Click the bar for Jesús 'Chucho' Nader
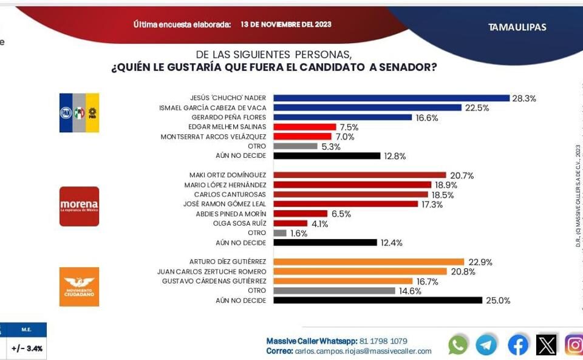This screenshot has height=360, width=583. coord(391,98)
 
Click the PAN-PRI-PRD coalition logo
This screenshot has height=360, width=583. coord(79,113)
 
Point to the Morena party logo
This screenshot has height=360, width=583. coord(79,206)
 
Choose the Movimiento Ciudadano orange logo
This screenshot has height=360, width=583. coord(79,287)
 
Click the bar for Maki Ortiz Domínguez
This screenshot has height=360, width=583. coord(360,175)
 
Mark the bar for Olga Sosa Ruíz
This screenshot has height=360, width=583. coord(290,223)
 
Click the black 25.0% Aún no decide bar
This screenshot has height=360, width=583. coord(378,300)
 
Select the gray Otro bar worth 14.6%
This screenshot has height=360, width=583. coord(334,291)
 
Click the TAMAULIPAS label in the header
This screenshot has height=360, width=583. coord(517,27)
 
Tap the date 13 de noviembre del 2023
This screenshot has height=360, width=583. coord(285,25)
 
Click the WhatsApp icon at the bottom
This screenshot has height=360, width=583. coord(458,345)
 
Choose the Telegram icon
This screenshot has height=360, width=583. coord(486,345)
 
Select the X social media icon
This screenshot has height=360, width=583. coord(546,345)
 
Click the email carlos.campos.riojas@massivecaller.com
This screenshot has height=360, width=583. coord(363,351)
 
